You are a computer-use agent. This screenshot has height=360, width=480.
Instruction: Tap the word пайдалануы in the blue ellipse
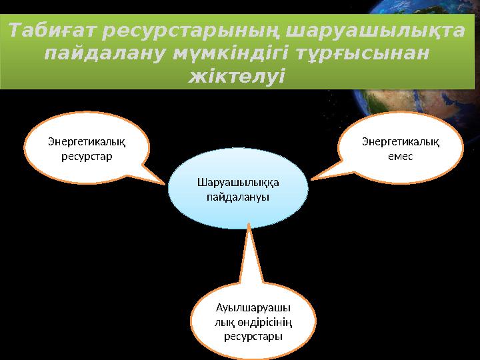point(239,197)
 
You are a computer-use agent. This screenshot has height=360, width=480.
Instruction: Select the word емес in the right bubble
point(401,156)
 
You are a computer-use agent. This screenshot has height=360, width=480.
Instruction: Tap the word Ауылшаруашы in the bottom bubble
point(253,309)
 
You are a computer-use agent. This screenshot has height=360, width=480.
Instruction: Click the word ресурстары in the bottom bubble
point(253,336)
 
